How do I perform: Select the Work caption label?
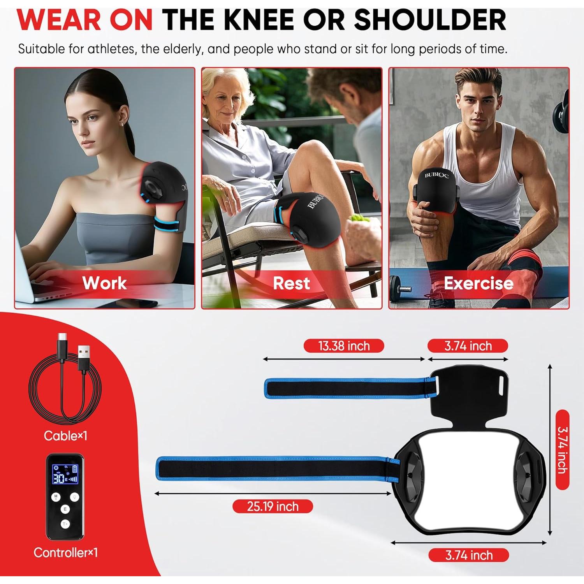coord(104,283)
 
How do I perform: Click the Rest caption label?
coord(291,283)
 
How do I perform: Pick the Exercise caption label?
coord(478,283)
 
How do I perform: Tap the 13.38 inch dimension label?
coord(344,346)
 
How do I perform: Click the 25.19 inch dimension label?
coord(273,506)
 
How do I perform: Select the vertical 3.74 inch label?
coord(562,450)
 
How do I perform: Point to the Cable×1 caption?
coord(65,436)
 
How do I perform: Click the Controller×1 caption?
coord(65,552)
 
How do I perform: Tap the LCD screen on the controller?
coord(65,474)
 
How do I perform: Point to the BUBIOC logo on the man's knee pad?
coord(436,175)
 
